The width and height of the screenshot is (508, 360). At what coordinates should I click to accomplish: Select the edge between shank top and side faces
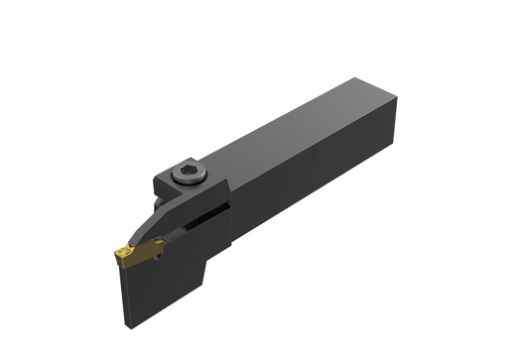(298, 149)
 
